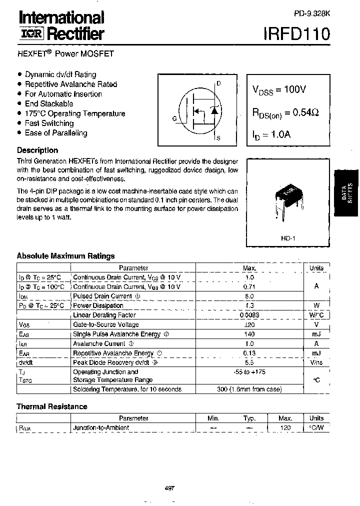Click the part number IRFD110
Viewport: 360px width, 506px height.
coord(296,34)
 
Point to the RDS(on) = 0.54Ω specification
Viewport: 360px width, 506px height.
coord(285,113)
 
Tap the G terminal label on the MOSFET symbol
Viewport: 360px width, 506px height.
coord(174,119)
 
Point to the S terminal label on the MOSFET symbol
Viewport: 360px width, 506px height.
coord(218,137)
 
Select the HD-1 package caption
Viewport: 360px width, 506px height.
coord(288,238)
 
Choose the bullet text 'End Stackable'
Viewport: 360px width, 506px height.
coord(49,103)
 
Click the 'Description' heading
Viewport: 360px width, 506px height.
coord(37,150)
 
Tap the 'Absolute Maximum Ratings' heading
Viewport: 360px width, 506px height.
coord(65,255)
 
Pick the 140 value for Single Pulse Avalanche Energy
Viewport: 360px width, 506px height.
coord(249,334)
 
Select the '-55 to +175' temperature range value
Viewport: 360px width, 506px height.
coord(249,372)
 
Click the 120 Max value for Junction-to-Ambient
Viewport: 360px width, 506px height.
coord(285,427)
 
